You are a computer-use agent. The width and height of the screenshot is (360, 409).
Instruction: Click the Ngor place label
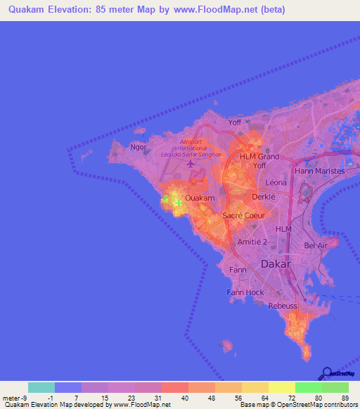point(138,147)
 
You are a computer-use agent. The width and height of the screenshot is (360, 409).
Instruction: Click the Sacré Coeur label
point(243,216)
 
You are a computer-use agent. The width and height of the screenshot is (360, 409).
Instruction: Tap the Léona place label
point(276,183)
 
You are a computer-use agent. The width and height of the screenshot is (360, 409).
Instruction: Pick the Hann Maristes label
point(320,171)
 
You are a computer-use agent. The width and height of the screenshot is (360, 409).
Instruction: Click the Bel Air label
point(316,245)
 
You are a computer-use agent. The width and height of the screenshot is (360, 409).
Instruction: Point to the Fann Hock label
point(245,292)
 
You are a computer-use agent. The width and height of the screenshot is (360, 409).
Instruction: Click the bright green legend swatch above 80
point(309,387)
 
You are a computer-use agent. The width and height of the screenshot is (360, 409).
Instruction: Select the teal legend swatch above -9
point(41,387)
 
